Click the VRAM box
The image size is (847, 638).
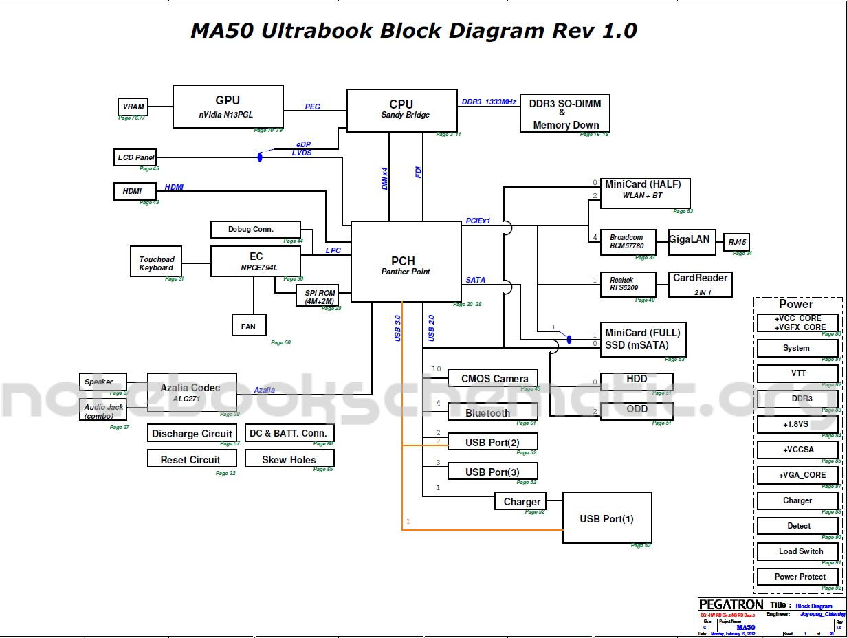(133, 107)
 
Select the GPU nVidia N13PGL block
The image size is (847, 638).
(228, 107)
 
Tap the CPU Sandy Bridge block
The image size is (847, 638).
(401, 109)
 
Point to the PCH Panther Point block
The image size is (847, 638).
(406, 261)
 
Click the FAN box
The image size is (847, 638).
(249, 325)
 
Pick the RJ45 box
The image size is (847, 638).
(738, 242)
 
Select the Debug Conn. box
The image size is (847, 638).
(255, 229)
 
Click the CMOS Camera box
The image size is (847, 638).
(492, 378)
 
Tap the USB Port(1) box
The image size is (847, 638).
(606, 518)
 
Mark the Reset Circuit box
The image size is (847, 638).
(190, 459)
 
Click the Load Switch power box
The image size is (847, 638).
(797, 551)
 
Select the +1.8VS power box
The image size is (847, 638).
(797, 425)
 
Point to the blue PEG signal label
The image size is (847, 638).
(313, 107)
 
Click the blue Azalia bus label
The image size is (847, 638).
(265, 390)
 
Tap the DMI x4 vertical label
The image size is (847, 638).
(385, 179)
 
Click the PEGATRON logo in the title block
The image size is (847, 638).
(731, 604)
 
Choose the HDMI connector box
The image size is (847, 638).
(135, 191)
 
